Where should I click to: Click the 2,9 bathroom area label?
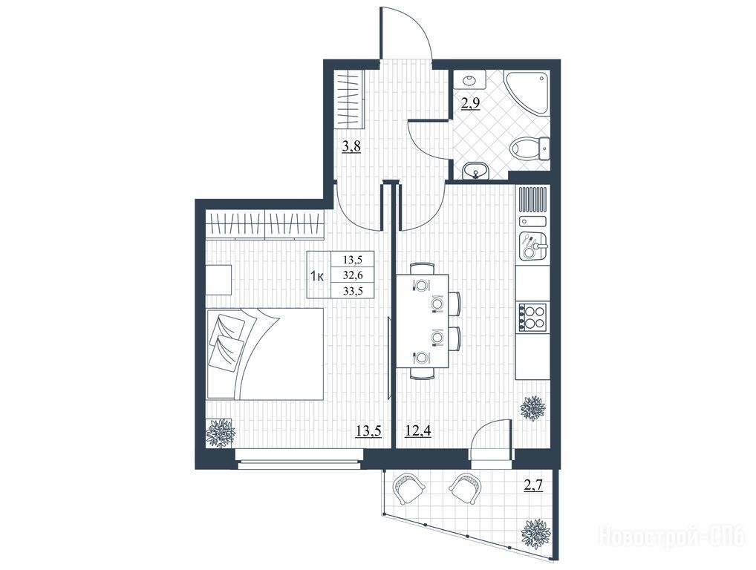pyautogui.click(x=471, y=104)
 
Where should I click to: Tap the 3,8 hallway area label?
pyautogui.click(x=351, y=146)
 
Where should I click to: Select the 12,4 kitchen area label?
pyautogui.click(x=418, y=430)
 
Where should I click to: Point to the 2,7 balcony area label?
pyautogui.click(x=533, y=485)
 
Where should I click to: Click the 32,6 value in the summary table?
pyautogui.click(x=353, y=275)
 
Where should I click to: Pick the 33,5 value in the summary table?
pyautogui.click(x=353, y=290)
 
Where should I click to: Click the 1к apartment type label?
pyautogui.click(x=317, y=276)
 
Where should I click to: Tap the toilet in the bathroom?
pyautogui.click(x=530, y=148)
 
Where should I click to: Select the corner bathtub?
pyautogui.click(x=527, y=94)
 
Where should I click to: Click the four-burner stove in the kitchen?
pyautogui.click(x=532, y=317)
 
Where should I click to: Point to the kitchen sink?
pyautogui.click(x=532, y=246)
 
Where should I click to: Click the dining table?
pyautogui.click(x=423, y=321)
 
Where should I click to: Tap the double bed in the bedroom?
pyautogui.click(x=264, y=354)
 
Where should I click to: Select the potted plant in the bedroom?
pyautogui.click(x=221, y=433)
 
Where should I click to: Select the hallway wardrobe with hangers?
pyautogui.click(x=350, y=99)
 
